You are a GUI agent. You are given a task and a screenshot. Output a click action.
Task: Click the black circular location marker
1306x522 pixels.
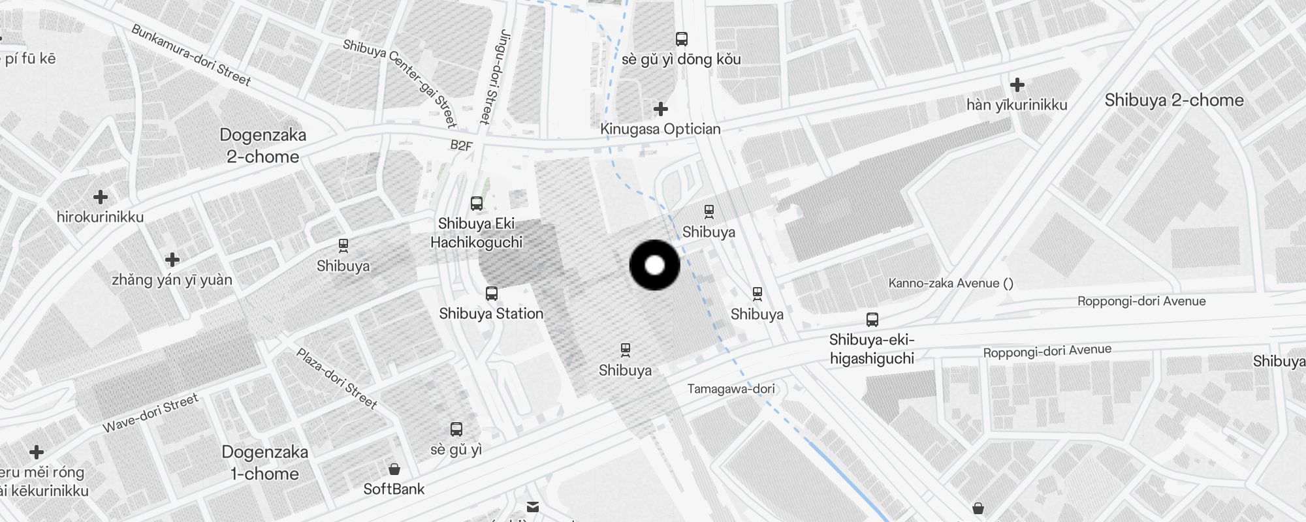tap(654, 265)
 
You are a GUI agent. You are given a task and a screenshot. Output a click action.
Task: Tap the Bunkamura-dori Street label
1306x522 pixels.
tap(191, 55)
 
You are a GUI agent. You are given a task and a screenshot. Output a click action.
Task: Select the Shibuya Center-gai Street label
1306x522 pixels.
tap(400, 82)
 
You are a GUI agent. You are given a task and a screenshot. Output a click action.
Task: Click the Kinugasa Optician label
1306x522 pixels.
tap(660, 129)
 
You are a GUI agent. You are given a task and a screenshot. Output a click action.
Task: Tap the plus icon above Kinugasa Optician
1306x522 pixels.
tap(661, 108)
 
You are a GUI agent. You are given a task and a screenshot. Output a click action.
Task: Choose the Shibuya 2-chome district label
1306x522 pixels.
tap(1174, 100)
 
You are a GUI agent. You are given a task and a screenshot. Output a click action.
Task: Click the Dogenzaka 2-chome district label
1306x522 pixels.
tap(263, 146)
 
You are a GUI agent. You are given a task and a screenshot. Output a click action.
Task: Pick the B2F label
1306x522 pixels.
tap(461, 146)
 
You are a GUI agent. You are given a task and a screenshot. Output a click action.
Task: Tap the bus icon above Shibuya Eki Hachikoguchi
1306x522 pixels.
tap(477, 204)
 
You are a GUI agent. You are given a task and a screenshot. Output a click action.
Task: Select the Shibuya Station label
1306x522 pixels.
tap(491, 314)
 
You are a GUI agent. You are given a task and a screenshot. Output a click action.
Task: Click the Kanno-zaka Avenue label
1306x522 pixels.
tap(950, 283)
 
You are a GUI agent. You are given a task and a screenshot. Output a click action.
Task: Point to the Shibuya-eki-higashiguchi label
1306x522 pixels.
tap(872, 349)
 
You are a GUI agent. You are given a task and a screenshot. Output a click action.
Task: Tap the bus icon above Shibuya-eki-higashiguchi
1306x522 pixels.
tap(872, 320)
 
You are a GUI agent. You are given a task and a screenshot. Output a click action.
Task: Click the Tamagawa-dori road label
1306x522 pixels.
tap(731, 389)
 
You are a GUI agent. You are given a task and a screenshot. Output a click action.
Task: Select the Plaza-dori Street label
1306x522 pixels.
tap(337, 378)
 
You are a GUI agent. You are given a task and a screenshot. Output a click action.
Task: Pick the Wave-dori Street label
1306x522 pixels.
tap(151, 413)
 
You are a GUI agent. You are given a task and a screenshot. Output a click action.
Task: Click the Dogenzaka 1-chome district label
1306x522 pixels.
tap(264, 463)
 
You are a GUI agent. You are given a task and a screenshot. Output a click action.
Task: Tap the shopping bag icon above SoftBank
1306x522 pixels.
tap(394, 469)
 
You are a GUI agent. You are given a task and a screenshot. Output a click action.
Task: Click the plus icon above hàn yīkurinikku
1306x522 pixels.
tap(1017, 85)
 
